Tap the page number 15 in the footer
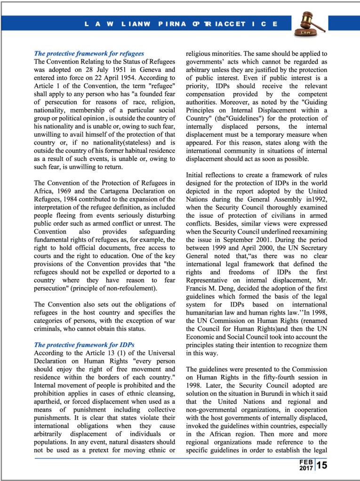322,466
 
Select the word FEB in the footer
306,463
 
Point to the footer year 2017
306,469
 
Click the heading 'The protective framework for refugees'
89,54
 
